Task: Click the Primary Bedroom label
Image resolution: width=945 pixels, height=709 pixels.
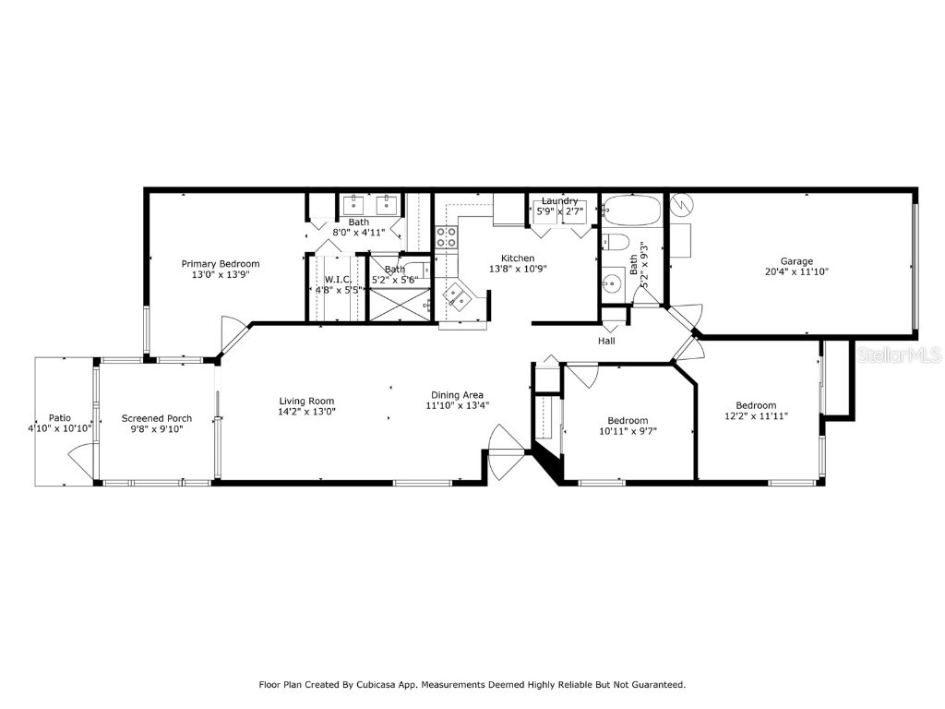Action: pos(220,263)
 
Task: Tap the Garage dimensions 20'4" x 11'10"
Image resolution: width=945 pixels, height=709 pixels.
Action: pos(796,272)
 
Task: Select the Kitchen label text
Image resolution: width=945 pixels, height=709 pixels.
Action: pos(518,258)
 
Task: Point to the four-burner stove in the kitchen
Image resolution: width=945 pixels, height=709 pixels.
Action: pos(447,236)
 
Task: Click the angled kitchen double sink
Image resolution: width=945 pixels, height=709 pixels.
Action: pos(459,296)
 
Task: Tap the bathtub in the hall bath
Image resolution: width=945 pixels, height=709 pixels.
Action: pos(632,210)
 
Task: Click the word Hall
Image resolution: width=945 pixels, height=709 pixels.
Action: pos(606,341)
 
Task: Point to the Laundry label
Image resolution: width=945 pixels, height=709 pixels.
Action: pos(559,200)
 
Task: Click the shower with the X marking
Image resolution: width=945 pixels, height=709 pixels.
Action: pos(399,304)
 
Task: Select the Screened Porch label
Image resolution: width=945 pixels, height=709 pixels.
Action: pos(157,418)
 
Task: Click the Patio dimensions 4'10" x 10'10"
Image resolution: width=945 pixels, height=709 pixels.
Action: pos(60,428)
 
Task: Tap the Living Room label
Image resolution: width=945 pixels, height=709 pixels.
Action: pos(307,401)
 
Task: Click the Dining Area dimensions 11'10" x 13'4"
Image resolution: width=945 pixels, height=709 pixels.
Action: pos(457,405)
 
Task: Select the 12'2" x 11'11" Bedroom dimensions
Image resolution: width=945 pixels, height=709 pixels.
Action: pos(755,416)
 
